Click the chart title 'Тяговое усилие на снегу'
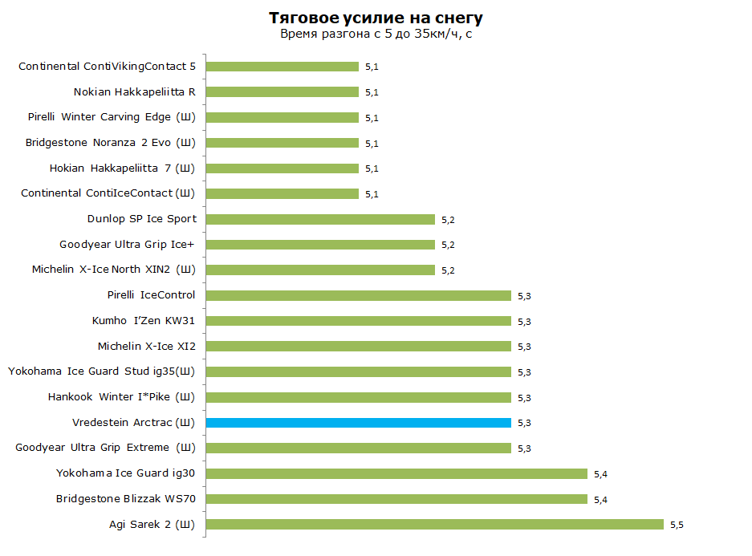tap(376, 18)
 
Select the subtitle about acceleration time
tap(376, 34)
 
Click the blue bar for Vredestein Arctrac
tap(359, 423)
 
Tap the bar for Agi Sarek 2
tap(435, 525)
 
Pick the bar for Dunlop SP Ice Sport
tap(320, 219)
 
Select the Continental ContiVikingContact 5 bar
tap(283, 67)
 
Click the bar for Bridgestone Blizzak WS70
tap(396, 499)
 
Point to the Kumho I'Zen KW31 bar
tap(359, 321)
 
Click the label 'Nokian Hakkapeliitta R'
tap(135, 92)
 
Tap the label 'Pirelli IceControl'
tap(151, 294)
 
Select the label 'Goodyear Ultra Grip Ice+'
tap(127, 245)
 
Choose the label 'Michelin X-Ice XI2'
tap(147, 346)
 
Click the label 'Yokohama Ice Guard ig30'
tap(126, 473)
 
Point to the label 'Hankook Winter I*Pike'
tap(121, 397)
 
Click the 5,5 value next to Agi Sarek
tap(677, 525)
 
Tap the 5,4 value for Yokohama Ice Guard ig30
tap(600, 474)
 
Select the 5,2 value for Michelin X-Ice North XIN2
tap(448, 270)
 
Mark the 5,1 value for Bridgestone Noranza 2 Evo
tap(372, 144)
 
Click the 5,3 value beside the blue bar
tap(524, 423)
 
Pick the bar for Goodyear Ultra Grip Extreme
tap(359, 448)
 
